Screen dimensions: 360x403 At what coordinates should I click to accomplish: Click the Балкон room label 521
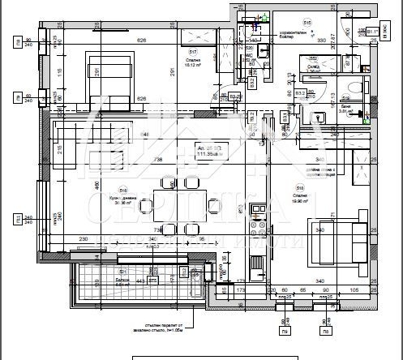tap(123, 280)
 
